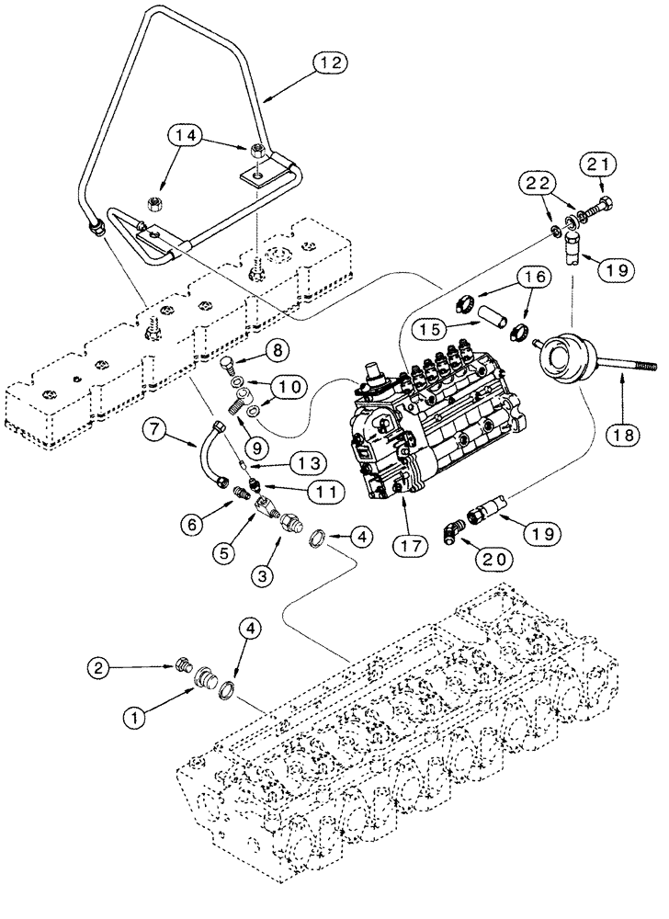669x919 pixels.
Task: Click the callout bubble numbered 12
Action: [333, 63]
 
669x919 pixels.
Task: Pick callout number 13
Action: [282, 458]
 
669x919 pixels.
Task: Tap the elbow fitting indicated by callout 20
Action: [457, 531]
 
